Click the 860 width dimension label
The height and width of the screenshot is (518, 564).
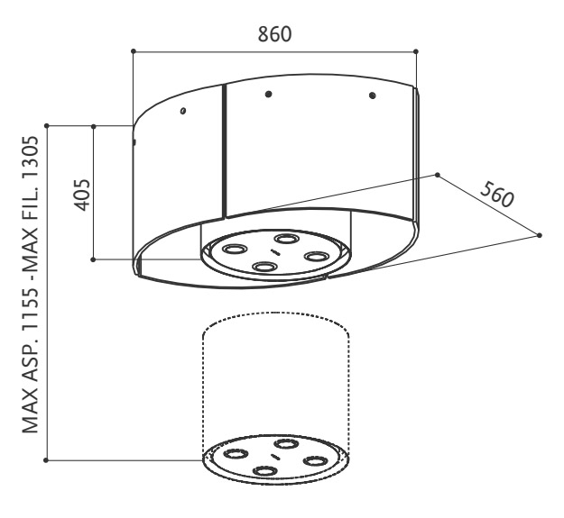[274, 34]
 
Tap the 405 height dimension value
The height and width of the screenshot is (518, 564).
[82, 195]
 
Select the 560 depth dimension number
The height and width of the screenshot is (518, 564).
[497, 195]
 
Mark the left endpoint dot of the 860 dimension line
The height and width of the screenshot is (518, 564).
[134, 51]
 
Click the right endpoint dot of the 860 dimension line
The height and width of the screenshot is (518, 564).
[416, 51]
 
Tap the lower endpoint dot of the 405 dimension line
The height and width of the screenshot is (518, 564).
[93, 259]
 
